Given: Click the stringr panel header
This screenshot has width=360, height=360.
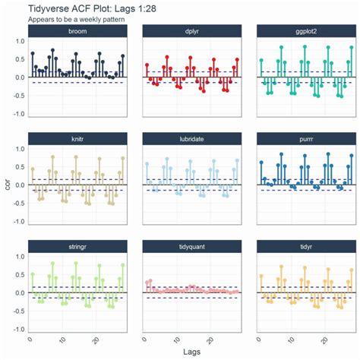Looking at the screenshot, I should point(77,246).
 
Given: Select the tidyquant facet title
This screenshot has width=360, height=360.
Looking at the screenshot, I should point(192,246).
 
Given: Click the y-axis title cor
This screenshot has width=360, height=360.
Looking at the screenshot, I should point(7,183).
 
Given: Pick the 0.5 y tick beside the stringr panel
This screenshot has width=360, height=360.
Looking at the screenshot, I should point(18,274).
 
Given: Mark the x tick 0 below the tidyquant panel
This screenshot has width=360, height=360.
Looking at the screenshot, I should point(144,338).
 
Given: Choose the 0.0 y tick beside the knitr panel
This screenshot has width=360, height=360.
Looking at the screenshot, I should point(18,185).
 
